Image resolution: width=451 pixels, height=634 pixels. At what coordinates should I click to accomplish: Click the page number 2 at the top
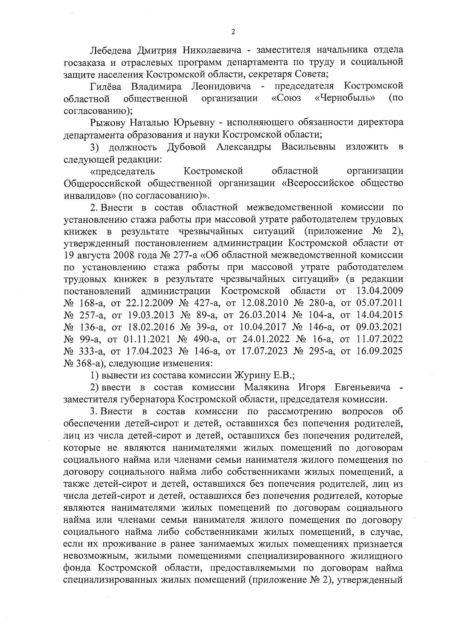click(233, 32)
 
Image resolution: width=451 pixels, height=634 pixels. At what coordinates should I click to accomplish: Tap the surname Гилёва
click(106, 87)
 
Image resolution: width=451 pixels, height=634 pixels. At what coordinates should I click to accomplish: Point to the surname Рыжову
click(108, 123)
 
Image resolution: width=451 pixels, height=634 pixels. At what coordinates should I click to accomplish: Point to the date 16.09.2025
click(379, 351)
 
